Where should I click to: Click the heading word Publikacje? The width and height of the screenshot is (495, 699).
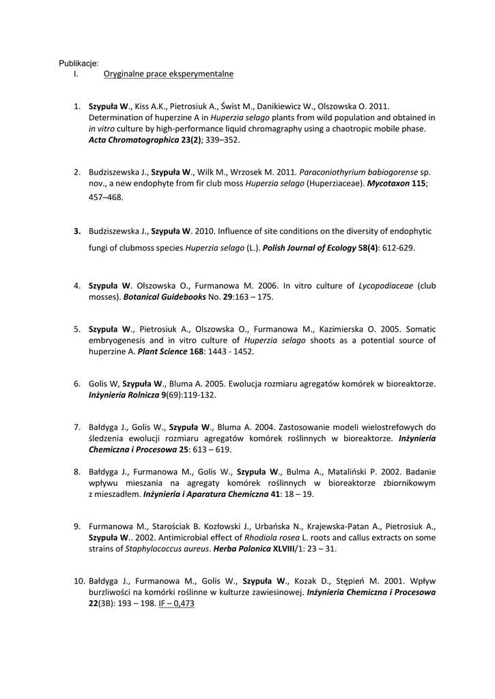79,63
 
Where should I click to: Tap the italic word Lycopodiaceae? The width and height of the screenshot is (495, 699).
386,285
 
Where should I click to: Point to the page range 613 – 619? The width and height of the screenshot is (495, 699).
212,449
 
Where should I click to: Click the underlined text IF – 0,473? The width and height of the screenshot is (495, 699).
177,603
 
